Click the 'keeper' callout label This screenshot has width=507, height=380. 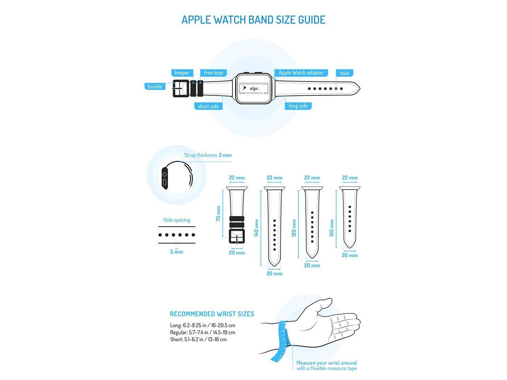point(182,73)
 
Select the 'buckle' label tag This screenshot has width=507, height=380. point(155,86)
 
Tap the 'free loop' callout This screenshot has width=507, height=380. point(213,73)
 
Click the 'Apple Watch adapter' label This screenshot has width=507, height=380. point(301,73)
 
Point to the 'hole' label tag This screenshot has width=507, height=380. point(344,73)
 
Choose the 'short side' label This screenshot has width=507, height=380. point(208,106)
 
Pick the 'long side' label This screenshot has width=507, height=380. point(298,106)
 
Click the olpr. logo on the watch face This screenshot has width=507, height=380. point(253,89)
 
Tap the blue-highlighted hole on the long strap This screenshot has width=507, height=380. point(336,89)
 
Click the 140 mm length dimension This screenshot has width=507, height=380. point(256,228)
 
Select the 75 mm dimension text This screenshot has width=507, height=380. point(218,214)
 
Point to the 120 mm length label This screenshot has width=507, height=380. point(294,228)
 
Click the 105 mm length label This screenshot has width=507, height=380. point(332,228)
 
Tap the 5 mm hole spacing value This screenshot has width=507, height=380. point(176,252)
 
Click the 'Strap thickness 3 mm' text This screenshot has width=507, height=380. point(208,155)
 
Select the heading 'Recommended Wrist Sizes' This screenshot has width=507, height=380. point(212,314)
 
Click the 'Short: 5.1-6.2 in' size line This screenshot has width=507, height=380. point(198,339)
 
